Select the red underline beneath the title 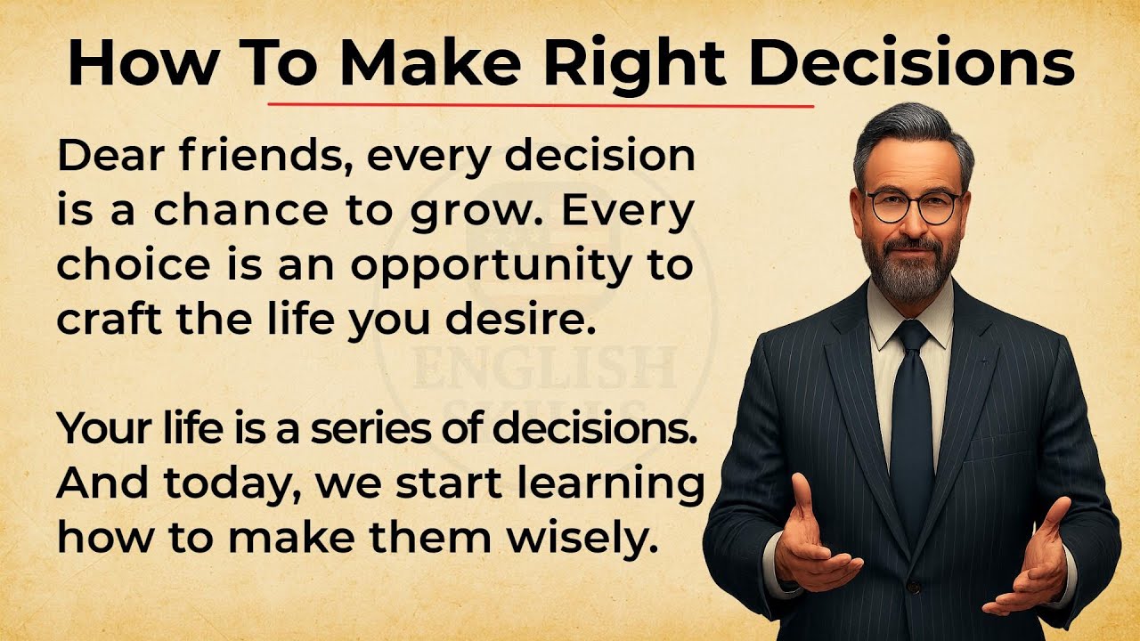tap(541, 104)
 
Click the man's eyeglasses tap(914, 207)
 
